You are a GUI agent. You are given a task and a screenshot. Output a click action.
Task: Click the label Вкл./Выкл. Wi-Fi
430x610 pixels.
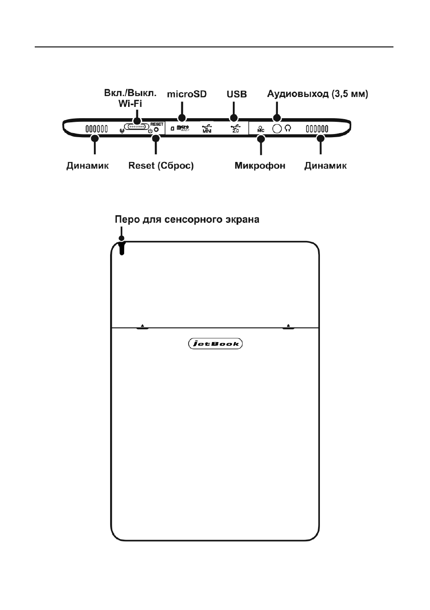130,98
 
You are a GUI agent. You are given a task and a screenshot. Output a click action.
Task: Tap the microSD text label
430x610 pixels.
187,94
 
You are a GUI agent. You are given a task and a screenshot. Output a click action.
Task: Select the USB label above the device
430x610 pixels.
236,94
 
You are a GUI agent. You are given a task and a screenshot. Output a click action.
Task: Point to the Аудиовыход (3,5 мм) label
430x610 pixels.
318,94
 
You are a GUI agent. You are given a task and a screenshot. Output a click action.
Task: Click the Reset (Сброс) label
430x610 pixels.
161,166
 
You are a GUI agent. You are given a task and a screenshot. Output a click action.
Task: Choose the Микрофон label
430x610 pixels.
260,166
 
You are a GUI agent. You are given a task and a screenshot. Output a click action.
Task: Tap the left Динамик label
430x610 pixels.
88,166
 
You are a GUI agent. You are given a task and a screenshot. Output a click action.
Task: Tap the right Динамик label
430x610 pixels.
325,166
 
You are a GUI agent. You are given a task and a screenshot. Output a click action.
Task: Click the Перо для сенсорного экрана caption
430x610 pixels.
187,219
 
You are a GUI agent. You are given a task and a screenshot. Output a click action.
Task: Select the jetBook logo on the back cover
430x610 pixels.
215,344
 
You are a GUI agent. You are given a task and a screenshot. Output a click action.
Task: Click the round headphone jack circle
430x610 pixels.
277,128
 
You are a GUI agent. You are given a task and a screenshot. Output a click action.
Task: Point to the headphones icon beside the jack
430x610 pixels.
288,128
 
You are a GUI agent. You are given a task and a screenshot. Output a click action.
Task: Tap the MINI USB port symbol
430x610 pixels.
207,129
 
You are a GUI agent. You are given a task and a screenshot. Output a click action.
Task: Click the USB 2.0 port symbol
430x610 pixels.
236,129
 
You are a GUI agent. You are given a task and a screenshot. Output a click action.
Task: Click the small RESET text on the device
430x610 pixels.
157,124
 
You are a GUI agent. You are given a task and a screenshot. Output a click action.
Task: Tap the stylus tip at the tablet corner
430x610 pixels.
122,248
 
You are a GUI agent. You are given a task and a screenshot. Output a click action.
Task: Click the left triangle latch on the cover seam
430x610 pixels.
142,325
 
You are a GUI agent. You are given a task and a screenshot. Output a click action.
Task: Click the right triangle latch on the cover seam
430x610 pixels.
289,325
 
